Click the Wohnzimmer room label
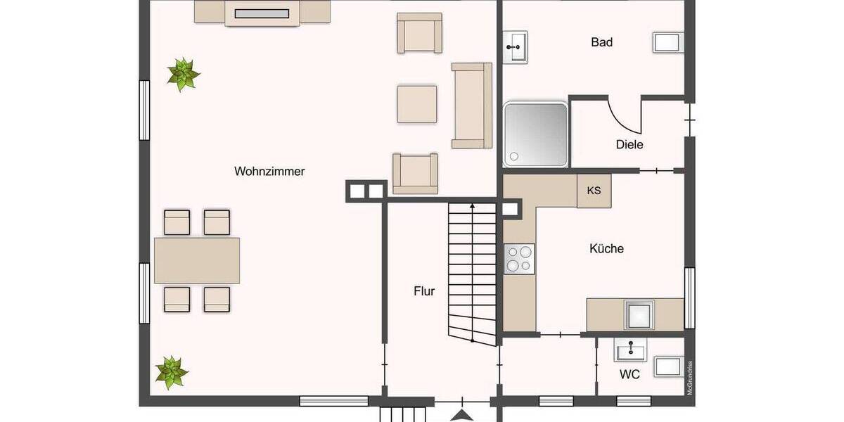tap(269, 171)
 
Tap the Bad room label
tap(601, 42)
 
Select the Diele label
tap(629, 144)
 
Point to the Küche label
tap(606, 248)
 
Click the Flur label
tap(424, 290)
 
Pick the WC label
tap(629, 375)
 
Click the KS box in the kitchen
tap(594, 191)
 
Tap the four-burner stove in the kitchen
tap(519, 257)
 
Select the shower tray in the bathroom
tap(535, 134)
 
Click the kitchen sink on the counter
tap(640, 314)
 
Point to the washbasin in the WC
tap(630, 349)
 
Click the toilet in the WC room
tap(668, 366)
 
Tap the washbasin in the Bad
tap(516, 46)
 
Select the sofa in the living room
tap(472, 105)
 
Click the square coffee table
tap(416, 104)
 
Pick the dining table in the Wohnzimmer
tap(197, 260)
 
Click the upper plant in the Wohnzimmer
tap(184, 74)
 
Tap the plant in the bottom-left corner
tap(171, 371)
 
